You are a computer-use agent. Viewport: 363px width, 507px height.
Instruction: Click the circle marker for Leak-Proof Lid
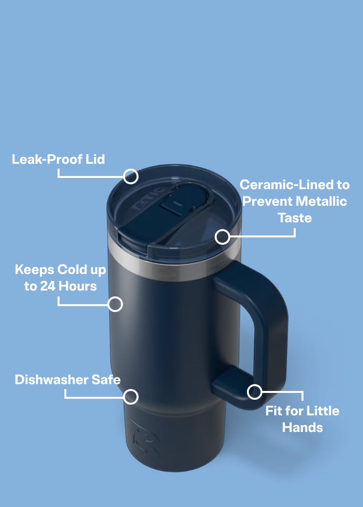131,176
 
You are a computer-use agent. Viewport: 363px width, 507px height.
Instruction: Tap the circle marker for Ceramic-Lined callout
222,237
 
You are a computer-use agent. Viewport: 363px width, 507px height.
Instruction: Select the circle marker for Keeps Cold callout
115,304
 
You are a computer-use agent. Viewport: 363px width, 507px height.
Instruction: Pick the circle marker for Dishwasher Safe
131,396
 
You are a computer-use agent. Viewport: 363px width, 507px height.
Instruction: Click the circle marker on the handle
255,392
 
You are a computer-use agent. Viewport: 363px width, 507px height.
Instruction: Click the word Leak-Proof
47,159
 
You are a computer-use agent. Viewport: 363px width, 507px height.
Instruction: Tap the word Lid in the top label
95,159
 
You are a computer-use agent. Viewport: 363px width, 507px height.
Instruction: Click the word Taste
295,217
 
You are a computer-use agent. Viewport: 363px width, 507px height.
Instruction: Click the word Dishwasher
51,379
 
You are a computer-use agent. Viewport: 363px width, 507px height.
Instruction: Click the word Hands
302,428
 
